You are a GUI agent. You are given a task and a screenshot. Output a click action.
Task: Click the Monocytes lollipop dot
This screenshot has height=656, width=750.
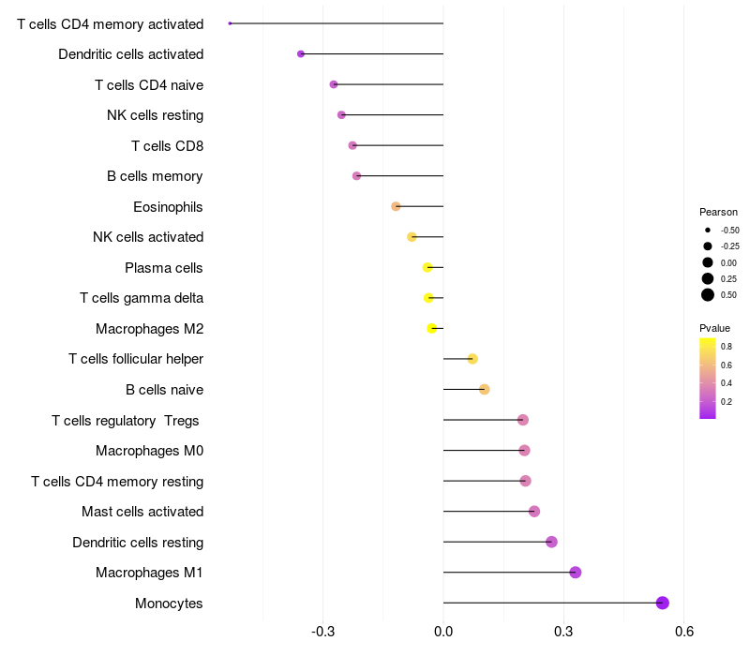663,603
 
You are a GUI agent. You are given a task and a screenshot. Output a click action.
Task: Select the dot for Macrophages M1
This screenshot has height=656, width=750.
576,573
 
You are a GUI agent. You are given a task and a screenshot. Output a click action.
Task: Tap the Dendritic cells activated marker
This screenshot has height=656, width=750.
301,54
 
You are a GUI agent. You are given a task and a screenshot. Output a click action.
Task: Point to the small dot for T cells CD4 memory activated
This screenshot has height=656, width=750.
230,23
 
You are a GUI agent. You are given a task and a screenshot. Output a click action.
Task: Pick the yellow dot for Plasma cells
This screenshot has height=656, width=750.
428,267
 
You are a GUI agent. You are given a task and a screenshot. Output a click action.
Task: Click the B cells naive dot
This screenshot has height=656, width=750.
485,390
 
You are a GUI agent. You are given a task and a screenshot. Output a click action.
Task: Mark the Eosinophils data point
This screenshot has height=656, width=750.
396,206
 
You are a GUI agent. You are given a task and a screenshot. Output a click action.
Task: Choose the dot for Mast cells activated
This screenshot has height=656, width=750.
534,512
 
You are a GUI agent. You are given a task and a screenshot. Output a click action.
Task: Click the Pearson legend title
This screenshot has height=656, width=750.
718,212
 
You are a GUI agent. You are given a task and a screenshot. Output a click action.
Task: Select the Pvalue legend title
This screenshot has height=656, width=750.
714,328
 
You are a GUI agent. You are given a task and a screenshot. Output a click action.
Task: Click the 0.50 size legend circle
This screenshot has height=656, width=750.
708,295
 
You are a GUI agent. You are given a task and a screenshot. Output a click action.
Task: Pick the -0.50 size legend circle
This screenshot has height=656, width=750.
708,230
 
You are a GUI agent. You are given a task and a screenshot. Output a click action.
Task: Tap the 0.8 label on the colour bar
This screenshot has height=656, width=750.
727,347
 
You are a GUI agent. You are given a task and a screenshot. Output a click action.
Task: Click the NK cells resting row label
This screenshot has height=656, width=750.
155,115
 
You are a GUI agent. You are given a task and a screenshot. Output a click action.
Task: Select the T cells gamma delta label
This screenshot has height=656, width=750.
142,298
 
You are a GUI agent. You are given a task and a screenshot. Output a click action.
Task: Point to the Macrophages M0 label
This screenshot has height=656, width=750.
149,451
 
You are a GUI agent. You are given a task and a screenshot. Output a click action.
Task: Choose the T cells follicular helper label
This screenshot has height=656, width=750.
136,359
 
